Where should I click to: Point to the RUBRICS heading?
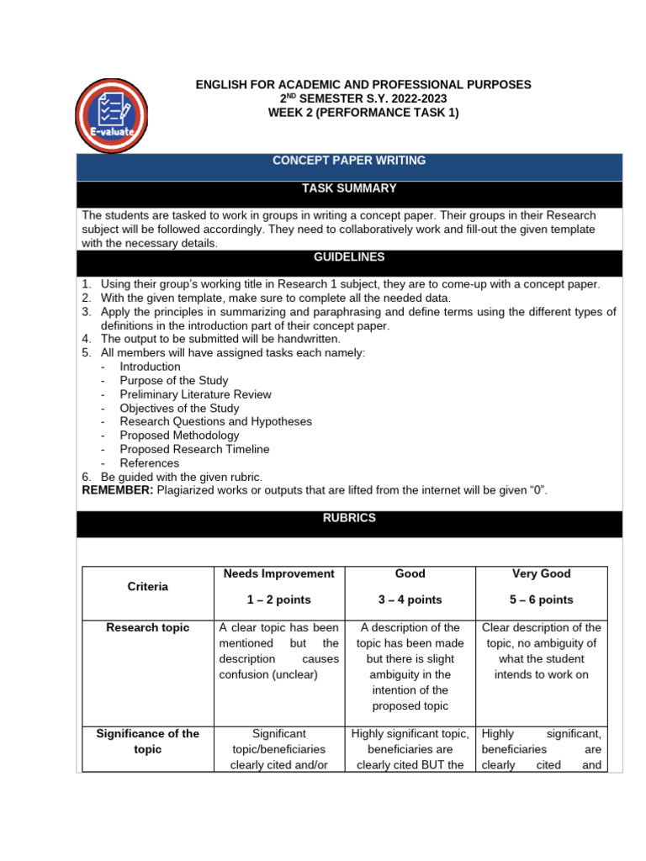point(350,519)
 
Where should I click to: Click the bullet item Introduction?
point(150,367)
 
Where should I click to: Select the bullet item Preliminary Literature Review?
point(195,394)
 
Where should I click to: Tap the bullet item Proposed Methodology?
point(179,436)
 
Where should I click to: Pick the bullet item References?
point(149,463)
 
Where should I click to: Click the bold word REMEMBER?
point(117,490)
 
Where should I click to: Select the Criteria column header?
point(147,587)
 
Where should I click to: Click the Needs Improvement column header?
point(279,573)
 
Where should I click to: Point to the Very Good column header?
point(541,573)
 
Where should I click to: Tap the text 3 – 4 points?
point(410,600)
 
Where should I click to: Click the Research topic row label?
point(147,628)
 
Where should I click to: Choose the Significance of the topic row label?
point(147,741)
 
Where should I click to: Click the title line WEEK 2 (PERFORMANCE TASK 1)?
point(363,114)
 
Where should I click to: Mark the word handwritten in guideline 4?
point(310,339)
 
